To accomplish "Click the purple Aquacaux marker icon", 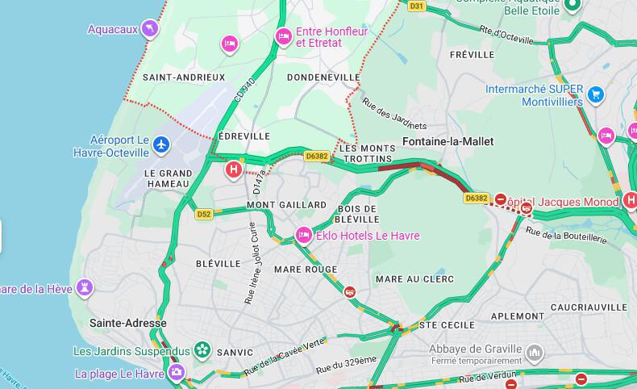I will (x=149, y=30).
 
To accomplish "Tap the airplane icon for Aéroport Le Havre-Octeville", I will (x=162, y=145).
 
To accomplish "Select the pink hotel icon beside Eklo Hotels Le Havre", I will (x=304, y=236).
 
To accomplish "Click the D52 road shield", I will (x=204, y=214).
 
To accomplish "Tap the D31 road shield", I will (x=416, y=6).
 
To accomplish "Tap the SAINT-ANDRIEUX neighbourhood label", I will (x=184, y=77).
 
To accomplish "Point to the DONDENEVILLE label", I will (x=323, y=77).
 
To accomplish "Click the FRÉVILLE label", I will (x=472, y=55).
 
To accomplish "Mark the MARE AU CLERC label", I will (x=414, y=279).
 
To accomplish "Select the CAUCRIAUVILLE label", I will (x=589, y=307).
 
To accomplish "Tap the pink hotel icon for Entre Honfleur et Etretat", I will (x=284, y=36).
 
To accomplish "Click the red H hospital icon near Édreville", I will (x=234, y=169).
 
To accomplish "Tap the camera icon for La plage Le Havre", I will (x=176, y=373).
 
